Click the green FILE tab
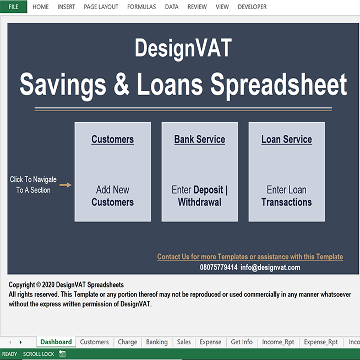click(13, 7)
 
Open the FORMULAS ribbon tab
click(141, 7)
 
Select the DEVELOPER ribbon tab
click(252, 7)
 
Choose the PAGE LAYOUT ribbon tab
click(101, 7)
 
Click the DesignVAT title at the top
click(183, 48)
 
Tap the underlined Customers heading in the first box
click(113, 139)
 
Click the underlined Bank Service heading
click(200, 139)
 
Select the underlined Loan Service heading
click(287, 139)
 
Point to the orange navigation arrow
click(65, 185)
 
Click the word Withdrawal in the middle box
click(200, 202)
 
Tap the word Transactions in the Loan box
click(287, 202)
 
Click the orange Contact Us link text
click(250, 257)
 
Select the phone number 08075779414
click(219, 267)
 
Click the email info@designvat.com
click(270, 267)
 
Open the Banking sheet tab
click(157, 342)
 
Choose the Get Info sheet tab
click(242, 342)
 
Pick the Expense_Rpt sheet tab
click(321, 342)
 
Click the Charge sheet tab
click(127, 342)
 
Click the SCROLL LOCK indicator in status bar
click(38, 354)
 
